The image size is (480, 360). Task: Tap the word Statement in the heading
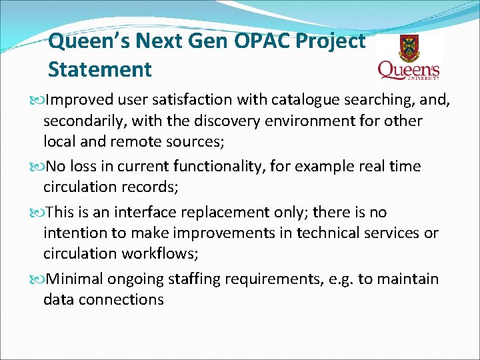[100, 69]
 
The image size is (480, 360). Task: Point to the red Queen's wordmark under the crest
[408, 70]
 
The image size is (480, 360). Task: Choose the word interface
[149, 212]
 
